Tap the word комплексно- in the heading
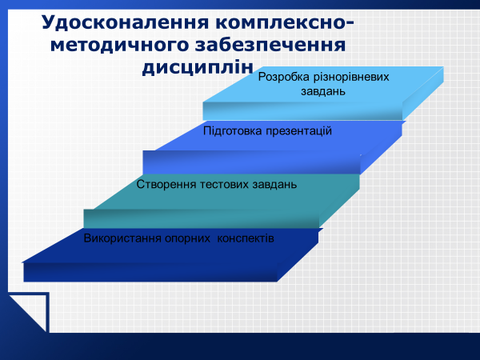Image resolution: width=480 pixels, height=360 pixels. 284,23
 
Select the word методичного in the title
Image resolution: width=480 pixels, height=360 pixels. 120,46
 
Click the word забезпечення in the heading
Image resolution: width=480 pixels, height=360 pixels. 270,45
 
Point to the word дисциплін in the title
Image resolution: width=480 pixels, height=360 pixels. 198,67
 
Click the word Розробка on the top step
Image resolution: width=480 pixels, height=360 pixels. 284,77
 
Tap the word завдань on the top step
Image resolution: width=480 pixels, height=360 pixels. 323,91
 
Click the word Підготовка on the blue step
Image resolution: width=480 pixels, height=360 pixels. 233,131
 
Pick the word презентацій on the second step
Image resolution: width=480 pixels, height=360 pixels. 298,131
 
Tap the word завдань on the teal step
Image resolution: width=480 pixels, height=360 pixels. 274,185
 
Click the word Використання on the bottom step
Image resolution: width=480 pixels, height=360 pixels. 122,238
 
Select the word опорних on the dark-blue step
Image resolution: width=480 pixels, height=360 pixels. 188,238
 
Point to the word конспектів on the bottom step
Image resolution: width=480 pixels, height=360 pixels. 246,238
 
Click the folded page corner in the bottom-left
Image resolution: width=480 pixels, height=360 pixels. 30,312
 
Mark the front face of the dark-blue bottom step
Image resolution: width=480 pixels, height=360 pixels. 150,272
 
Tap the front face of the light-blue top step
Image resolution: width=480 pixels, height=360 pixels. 302,111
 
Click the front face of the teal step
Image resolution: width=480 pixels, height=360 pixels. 201,218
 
